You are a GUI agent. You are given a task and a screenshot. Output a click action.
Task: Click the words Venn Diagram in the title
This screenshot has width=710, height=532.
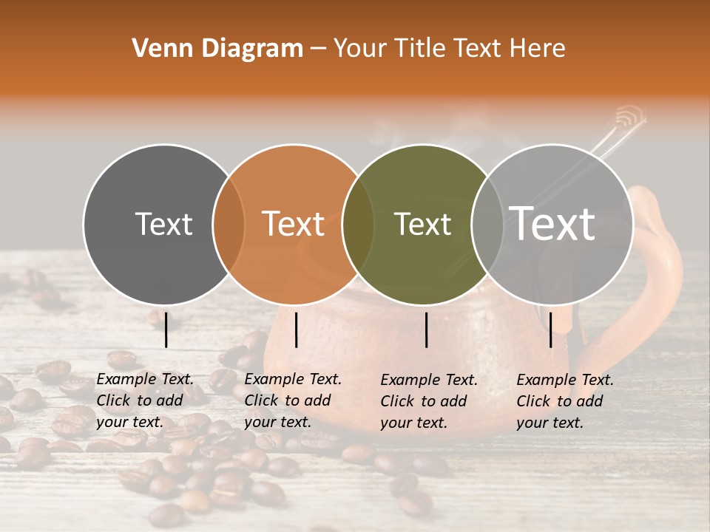217,49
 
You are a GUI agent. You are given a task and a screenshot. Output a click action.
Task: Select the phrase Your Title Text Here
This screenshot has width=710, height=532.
449,49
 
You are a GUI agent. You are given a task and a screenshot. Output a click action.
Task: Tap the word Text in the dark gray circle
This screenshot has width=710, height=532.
163,224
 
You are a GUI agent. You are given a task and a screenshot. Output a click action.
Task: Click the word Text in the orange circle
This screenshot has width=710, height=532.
294,224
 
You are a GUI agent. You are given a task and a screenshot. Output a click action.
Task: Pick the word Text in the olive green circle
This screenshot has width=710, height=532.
423,224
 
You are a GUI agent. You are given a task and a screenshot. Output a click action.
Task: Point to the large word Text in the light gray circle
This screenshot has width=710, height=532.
552,224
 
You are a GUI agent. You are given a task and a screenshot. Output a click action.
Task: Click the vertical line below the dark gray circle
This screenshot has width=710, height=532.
166,330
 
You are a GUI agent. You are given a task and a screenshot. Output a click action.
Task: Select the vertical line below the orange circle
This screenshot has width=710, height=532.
296,330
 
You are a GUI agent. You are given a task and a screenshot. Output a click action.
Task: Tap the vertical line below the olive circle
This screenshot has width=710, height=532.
426,330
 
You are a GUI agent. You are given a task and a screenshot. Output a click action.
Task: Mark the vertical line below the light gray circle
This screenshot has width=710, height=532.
550,330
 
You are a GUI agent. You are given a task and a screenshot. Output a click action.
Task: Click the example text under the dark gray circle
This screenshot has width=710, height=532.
145,400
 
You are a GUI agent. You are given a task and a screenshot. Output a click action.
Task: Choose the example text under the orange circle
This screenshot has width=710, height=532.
293,400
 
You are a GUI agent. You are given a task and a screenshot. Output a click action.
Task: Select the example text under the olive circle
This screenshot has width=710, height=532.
429,401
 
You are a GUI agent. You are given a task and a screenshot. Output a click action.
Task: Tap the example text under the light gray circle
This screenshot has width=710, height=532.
565,401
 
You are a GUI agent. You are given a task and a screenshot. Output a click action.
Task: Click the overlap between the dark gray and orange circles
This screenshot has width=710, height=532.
229,224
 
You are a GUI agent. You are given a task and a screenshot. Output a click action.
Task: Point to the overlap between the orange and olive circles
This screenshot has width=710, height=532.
359,224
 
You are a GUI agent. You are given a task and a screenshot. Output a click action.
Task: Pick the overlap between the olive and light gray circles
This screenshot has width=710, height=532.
487,224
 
